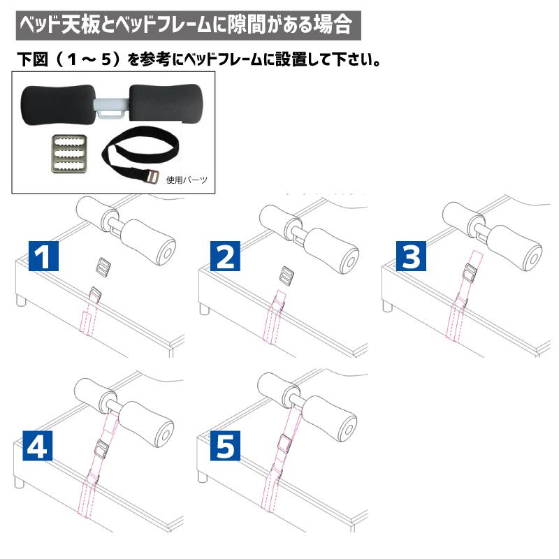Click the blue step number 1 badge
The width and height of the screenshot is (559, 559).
click(x=43, y=256)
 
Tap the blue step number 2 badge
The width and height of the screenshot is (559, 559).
click(x=225, y=256)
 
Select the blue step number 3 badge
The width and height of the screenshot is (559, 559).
click(x=411, y=256)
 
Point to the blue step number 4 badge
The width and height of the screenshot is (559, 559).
click(x=38, y=445)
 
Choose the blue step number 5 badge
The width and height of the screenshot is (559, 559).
click(x=225, y=445)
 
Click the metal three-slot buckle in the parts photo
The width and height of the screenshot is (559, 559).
click(x=68, y=154)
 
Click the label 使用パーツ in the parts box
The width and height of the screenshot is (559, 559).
click(x=187, y=180)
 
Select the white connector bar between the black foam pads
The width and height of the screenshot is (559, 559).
click(x=111, y=108)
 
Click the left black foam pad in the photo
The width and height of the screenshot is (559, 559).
click(x=58, y=105)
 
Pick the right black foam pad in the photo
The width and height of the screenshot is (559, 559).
click(x=166, y=104)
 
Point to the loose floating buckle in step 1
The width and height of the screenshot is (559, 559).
click(x=103, y=266)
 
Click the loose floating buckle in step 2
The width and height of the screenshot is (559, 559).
click(x=287, y=275)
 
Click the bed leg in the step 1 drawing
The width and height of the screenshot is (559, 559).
click(x=22, y=300)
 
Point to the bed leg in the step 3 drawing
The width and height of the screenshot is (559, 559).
click(x=388, y=306)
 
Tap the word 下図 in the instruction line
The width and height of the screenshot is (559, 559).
click(x=32, y=59)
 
